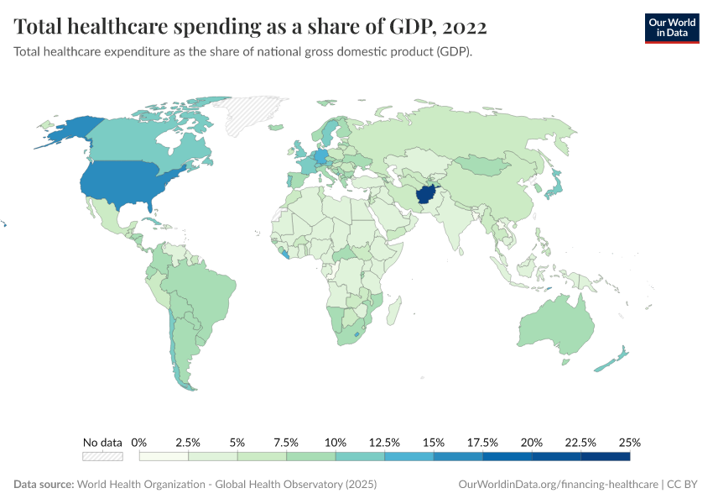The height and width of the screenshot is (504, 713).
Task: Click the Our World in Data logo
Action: pyautogui.click(x=671, y=27)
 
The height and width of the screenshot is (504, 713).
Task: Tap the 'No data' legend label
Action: pyautogui.click(x=102, y=442)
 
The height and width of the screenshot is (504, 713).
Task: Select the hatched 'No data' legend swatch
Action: pyautogui.click(x=102, y=457)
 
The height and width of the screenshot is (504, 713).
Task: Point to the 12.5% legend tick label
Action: pyautogui.click(x=384, y=442)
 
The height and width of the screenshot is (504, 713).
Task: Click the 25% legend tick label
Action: pyautogui.click(x=630, y=442)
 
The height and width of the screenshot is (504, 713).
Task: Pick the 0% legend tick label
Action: pyautogui.click(x=140, y=442)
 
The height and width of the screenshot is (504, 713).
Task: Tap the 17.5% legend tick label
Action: pyautogui.click(x=482, y=442)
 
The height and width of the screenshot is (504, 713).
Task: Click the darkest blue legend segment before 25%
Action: pyautogui.click(x=605, y=457)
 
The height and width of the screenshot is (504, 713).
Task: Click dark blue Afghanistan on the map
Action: pyautogui.click(x=424, y=196)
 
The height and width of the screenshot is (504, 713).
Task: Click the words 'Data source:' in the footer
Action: pyautogui.click(x=44, y=485)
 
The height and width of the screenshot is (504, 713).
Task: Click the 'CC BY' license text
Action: pyautogui.click(x=683, y=485)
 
